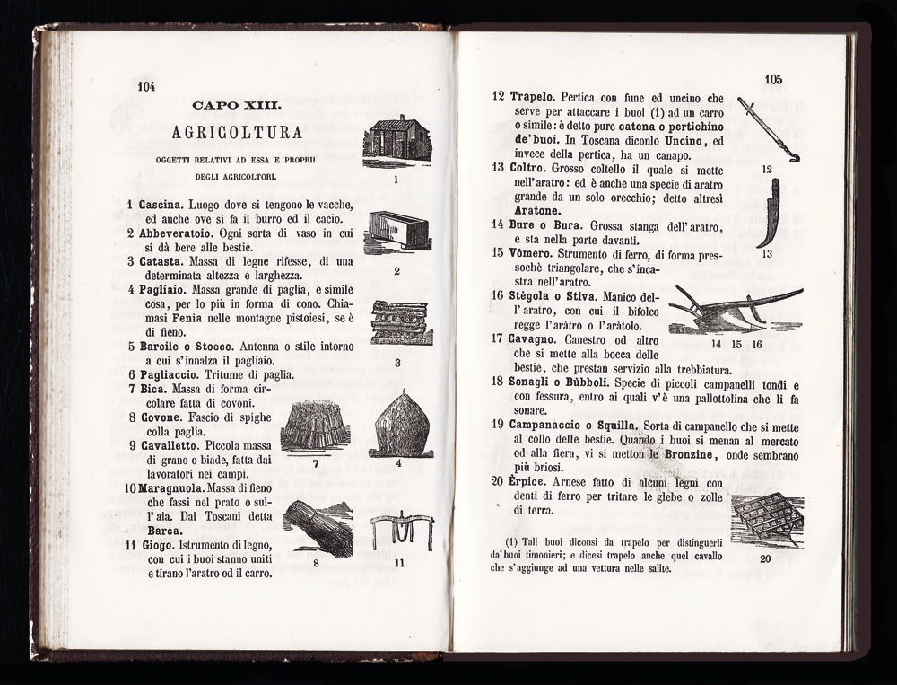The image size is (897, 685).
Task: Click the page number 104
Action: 147,87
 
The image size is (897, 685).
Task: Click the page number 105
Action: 773,79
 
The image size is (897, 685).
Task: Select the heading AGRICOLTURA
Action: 237,133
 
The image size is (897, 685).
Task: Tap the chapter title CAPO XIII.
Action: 236,106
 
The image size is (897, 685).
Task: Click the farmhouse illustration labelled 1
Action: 396,140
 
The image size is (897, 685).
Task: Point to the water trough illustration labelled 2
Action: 398,231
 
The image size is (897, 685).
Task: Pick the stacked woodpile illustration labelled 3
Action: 401,322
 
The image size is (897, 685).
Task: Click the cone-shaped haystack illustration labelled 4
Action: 400,424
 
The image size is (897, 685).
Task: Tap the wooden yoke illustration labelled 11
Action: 401,530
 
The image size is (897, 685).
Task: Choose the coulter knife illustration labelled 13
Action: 769,213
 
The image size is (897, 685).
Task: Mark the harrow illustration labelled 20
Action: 767,520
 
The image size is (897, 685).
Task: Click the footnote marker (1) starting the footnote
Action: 512,540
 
